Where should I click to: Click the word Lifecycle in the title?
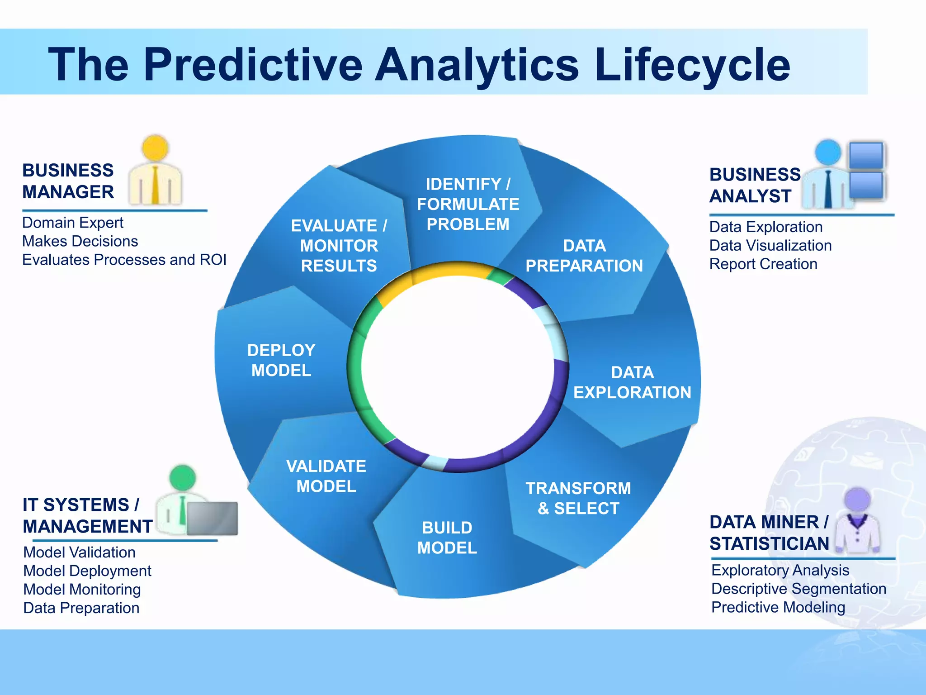692,66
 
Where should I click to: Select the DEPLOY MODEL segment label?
281,360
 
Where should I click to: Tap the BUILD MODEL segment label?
447,538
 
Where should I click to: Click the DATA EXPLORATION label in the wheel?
632,382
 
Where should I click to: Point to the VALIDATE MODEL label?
326,476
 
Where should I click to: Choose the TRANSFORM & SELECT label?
578,498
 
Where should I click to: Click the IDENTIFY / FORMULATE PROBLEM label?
468,204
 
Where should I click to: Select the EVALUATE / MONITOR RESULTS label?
339,246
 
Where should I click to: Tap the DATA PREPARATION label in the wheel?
584,256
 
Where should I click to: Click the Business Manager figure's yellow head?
155,148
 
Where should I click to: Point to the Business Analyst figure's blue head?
828,152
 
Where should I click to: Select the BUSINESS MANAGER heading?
68,181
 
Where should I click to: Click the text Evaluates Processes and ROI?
124,260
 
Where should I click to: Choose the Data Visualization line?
770,245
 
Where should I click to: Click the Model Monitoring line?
82,589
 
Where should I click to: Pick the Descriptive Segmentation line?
798,589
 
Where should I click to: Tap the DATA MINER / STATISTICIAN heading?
769,533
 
